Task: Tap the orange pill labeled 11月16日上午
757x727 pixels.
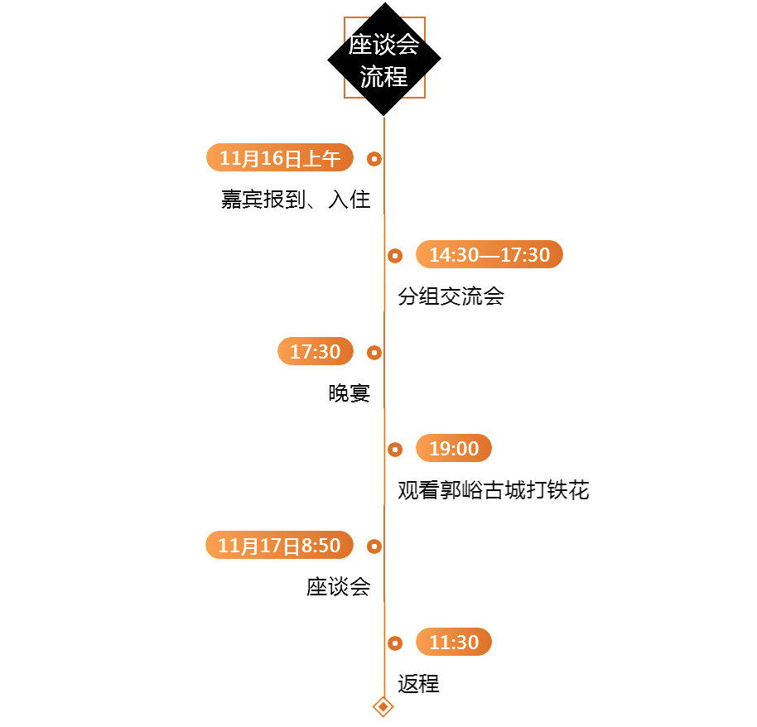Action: coord(280,157)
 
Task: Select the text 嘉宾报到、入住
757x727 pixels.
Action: coord(296,200)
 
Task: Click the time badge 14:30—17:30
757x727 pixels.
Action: coord(489,254)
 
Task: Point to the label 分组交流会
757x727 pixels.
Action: coord(451,296)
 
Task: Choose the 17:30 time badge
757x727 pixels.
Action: coord(316,351)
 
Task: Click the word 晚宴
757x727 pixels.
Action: coord(349,393)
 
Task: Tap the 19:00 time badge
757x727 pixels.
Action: coord(454,448)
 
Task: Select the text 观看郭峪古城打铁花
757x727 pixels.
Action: coord(493,490)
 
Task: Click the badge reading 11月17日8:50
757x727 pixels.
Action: coord(280,545)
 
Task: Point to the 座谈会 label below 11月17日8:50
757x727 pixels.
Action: coord(338,587)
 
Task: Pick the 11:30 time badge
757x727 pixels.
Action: coord(454,642)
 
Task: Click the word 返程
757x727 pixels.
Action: coord(418,684)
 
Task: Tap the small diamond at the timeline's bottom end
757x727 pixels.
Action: coord(383,706)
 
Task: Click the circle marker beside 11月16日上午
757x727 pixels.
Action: coord(374,158)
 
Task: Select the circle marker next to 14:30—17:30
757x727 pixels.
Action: coord(395,255)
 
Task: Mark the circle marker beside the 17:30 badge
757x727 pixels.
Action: coord(374,352)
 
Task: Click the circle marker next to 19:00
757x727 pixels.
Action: coord(395,449)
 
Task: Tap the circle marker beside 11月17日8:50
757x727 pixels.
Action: coord(374,546)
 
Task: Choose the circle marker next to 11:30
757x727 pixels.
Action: coord(395,643)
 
